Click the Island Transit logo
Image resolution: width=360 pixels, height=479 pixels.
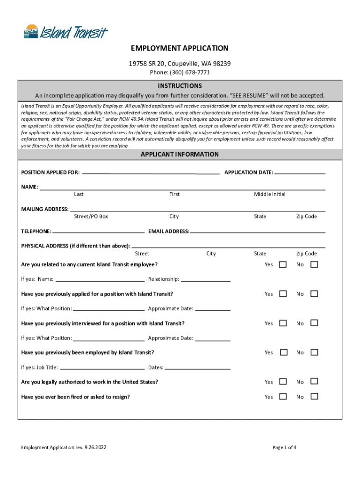point(65,32)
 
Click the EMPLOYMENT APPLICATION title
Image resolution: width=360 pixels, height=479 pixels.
point(180,48)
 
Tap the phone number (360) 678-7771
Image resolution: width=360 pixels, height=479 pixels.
point(180,73)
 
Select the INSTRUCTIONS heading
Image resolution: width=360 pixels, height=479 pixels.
point(180,86)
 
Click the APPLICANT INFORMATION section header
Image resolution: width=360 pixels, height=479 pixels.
point(180,154)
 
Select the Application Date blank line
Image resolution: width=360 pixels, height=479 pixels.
point(300,173)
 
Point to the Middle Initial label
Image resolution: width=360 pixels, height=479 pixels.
point(270,194)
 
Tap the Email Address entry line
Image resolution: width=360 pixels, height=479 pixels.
point(258,232)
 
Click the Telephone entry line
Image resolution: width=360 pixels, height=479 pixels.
point(98,232)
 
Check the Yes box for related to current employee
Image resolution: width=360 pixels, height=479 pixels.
point(283,265)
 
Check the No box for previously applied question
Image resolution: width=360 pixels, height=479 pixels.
point(314,294)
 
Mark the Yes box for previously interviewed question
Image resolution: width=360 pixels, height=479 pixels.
point(283,323)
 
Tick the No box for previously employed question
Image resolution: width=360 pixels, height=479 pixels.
point(314,352)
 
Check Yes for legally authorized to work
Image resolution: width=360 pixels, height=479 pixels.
point(283,382)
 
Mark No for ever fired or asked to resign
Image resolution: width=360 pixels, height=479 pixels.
point(314,397)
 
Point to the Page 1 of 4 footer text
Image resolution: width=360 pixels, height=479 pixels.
point(284,448)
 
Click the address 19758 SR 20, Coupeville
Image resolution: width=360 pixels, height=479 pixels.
point(180,64)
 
